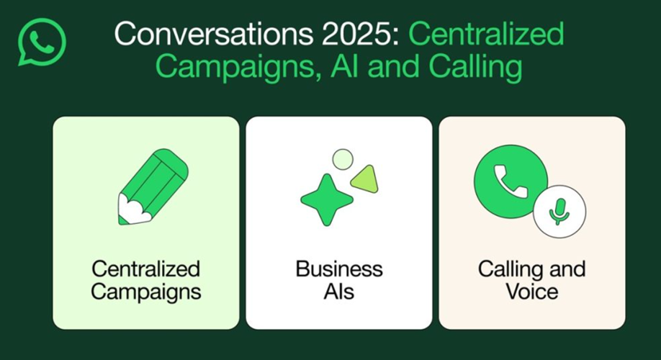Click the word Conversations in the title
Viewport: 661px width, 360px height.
[214, 34]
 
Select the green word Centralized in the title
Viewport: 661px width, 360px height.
[486, 34]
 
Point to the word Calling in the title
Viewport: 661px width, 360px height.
[475, 68]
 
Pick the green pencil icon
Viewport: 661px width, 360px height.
[153, 186]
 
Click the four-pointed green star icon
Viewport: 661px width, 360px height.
[327, 200]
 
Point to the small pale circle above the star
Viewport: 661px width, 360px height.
[343, 159]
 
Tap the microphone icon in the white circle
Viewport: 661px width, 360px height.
[559, 212]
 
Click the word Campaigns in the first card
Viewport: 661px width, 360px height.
[146, 292]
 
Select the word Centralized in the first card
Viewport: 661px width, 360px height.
[146, 269]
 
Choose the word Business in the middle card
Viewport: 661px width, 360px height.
[339, 269]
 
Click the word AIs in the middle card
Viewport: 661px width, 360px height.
[339, 292]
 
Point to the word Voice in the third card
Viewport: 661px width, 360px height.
[532, 292]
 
